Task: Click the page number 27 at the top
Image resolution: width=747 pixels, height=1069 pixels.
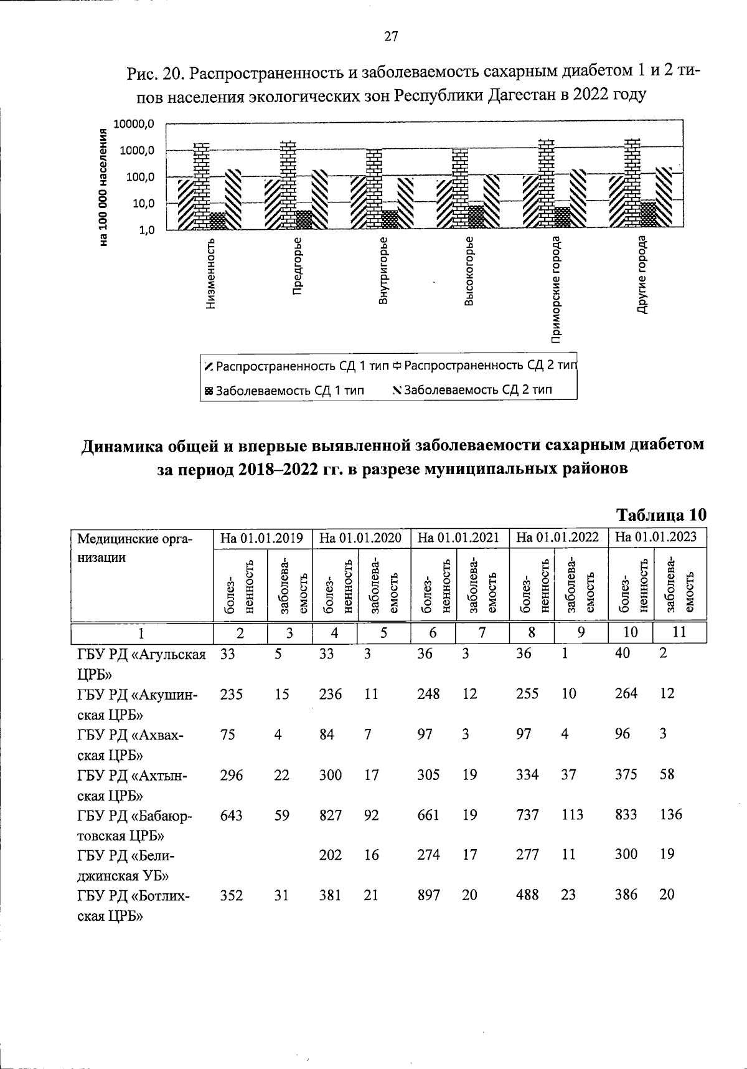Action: click(x=391, y=37)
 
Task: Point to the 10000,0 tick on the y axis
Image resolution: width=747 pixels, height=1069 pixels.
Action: click(x=135, y=124)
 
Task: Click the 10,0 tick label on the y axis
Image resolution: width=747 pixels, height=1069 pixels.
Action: click(x=141, y=203)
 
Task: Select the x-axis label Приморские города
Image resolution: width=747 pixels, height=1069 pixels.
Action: click(x=556, y=290)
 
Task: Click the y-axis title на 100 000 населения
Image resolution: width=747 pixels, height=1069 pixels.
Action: click(x=104, y=186)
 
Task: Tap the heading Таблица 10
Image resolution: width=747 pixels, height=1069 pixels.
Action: click(x=661, y=515)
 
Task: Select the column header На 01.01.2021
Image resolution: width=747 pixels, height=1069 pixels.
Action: click(x=459, y=538)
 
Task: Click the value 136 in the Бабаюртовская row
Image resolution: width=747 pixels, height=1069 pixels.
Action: click(x=671, y=815)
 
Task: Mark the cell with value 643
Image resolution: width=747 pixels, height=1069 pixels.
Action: click(x=231, y=815)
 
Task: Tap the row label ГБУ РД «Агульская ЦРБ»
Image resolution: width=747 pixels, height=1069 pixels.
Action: click(x=141, y=663)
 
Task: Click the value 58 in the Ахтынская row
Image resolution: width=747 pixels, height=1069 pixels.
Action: click(x=667, y=774)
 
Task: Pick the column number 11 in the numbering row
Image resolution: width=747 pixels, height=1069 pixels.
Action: click(x=679, y=632)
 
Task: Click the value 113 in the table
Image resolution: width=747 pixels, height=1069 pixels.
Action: click(x=572, y=815)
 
